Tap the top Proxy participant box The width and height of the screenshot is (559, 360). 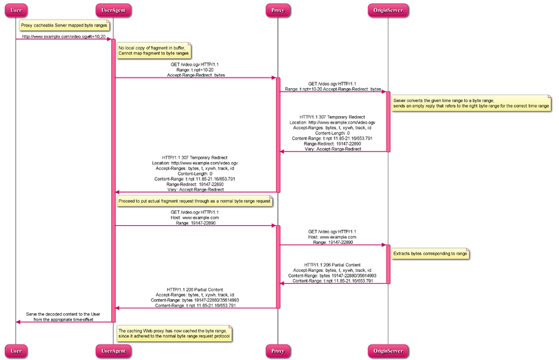277,10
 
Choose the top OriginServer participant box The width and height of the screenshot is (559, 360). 388,10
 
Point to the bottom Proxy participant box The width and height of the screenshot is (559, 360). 277,350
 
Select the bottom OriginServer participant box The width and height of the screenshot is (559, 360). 388,350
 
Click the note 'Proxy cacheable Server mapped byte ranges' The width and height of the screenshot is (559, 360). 64,25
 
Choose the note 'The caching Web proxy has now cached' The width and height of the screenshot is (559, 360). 174,333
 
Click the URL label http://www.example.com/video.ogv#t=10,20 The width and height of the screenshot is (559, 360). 64,36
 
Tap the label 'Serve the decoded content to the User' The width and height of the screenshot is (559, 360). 64,316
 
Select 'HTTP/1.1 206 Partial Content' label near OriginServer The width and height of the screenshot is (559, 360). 333,266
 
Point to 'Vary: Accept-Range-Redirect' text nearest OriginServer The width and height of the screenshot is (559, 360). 333,148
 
